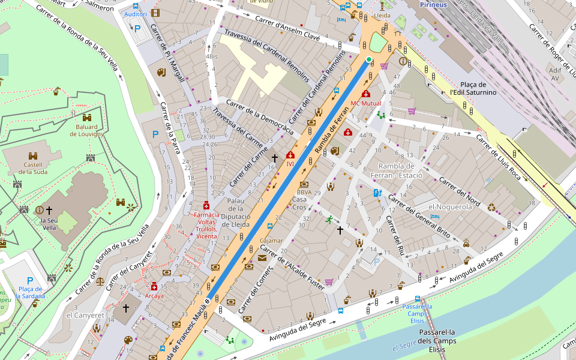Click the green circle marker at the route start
click(368, 59)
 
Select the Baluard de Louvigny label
click(87, 130)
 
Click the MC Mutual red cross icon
click(366, 94)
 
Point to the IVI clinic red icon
click(290, 155)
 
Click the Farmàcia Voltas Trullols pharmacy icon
click(206, 205)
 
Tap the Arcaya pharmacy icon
click(154, 286)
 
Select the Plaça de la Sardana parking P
click(30, 281)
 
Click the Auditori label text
click(136, 14)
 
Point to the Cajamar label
click(271, 241)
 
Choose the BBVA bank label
click(304, 192)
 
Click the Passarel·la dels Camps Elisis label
click(440, 340)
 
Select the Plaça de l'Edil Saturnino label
click(473, 89)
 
